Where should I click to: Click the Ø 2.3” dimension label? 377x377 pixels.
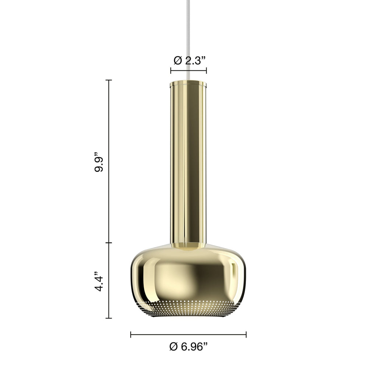(x=190, y=60)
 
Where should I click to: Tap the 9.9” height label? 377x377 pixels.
(x=99, y=162)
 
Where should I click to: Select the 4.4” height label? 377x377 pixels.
(x=99, y=281)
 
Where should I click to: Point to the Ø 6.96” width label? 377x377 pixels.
(x=188, y=346)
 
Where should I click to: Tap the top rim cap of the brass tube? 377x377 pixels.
(x=188, y=83)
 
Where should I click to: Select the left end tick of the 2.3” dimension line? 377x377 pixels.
(x=171, y=70)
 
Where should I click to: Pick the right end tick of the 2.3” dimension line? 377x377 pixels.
(x=206, y=70)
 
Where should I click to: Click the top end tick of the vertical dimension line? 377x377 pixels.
(x=109, y=80)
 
